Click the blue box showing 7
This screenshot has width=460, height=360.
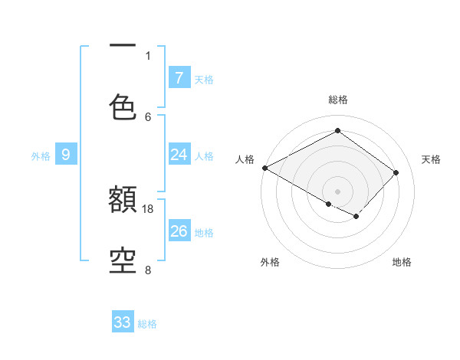point(179,78)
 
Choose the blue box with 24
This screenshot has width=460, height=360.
point(179,155)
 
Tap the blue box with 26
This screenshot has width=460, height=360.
point(179,231)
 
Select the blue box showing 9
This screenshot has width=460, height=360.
point(66,155)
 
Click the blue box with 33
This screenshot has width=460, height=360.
point(123,322)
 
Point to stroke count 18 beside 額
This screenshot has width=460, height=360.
point(148,208)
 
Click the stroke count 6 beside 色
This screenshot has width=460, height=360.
point(148,116)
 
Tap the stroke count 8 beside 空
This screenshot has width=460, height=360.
point(148,270)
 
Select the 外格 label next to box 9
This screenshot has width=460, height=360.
point(41,156)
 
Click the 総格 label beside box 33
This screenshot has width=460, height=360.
point(147,324)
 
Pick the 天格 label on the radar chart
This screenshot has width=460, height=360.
point(431,159)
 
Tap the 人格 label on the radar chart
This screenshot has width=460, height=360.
point(245,159)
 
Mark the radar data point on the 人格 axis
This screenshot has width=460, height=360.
point(264,168)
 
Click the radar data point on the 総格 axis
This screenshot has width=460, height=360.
point(337,131)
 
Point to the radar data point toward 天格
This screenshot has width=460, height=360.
point(396,172)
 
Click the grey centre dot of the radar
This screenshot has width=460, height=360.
point(337,191)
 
